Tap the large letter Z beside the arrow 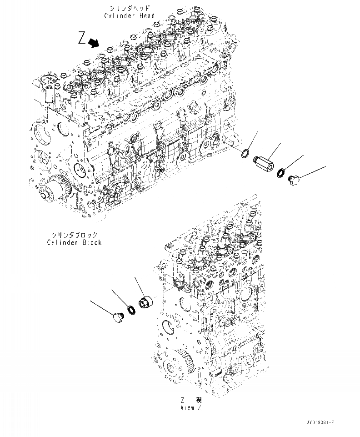(x=82, y=38)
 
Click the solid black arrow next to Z (x=95, y=43)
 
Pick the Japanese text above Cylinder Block (x=74, y=235)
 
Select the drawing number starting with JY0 (x=319, y=423)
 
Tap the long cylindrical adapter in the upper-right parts (x=264, y=162)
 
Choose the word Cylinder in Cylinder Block (x=61, y=242)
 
